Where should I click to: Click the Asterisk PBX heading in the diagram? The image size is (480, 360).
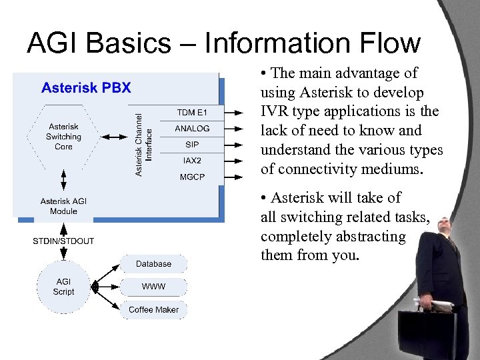tap(86, 87)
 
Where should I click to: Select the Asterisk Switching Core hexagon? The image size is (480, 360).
tap(63, 137)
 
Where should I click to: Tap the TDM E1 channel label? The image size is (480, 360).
tap(192, 112)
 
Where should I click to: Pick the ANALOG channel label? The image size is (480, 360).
tap(192, 129)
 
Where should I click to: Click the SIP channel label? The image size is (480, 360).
tap(192, 145)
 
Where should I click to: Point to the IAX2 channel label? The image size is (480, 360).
tap(192, 161)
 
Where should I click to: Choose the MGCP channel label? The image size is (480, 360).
tap(192, 177)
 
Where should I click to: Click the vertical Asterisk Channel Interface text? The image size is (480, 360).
tap(144, 144)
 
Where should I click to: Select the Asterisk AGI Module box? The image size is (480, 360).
tap(63, 206)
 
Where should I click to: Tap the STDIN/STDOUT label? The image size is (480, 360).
tap(63, 241)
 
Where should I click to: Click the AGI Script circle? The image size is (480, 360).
tap(63, 287)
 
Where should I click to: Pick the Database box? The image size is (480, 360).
tap(153, 264)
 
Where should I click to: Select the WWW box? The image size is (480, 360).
tap(153, 287)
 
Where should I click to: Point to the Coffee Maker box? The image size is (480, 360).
tap(153, 310)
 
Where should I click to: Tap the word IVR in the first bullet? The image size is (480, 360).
tap(275, 111)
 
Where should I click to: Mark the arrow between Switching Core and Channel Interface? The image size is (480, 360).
tap(114, 137)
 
